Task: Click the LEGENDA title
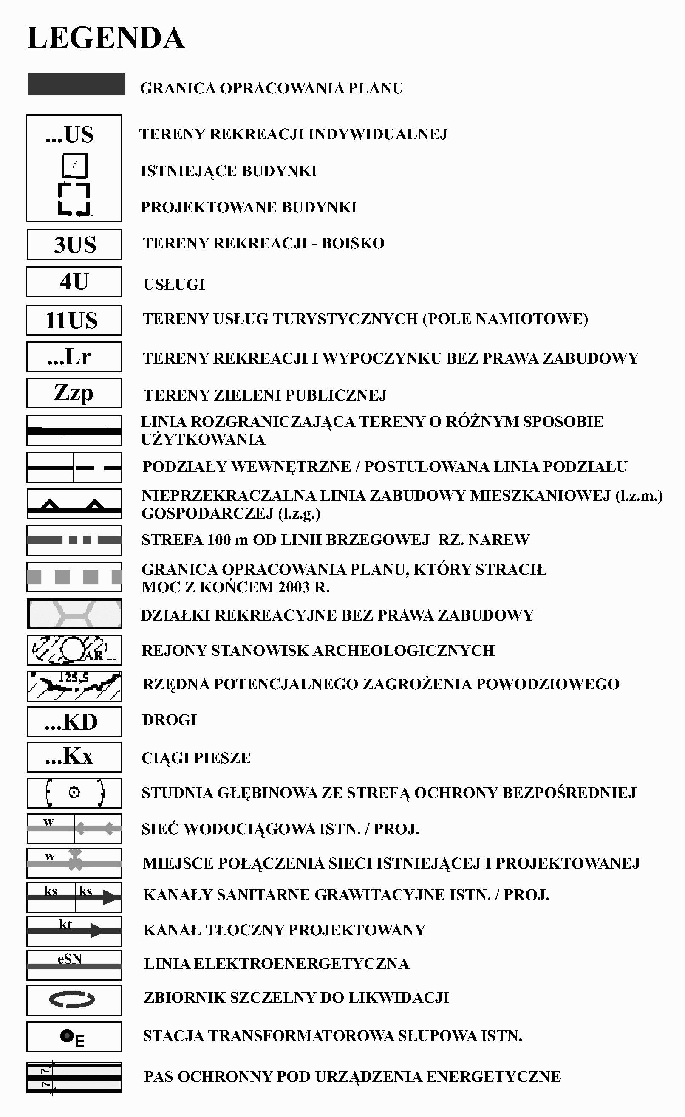coord(106,38)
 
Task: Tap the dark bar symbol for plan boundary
coord(76,85)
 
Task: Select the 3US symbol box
coord(74,244)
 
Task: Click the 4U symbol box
coord(74,282)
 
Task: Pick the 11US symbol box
coord(74,320)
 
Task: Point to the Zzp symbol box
coord(74,392)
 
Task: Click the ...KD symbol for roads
coord(74,721)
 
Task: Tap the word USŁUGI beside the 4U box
coord(174,285)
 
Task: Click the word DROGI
coord(169,720)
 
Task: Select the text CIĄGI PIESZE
coord(196,758)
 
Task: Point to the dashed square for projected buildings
coord(74,199)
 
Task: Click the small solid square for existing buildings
coord(74,166)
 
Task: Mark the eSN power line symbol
coord(74,963)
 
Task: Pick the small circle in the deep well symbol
coord(74,793)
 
